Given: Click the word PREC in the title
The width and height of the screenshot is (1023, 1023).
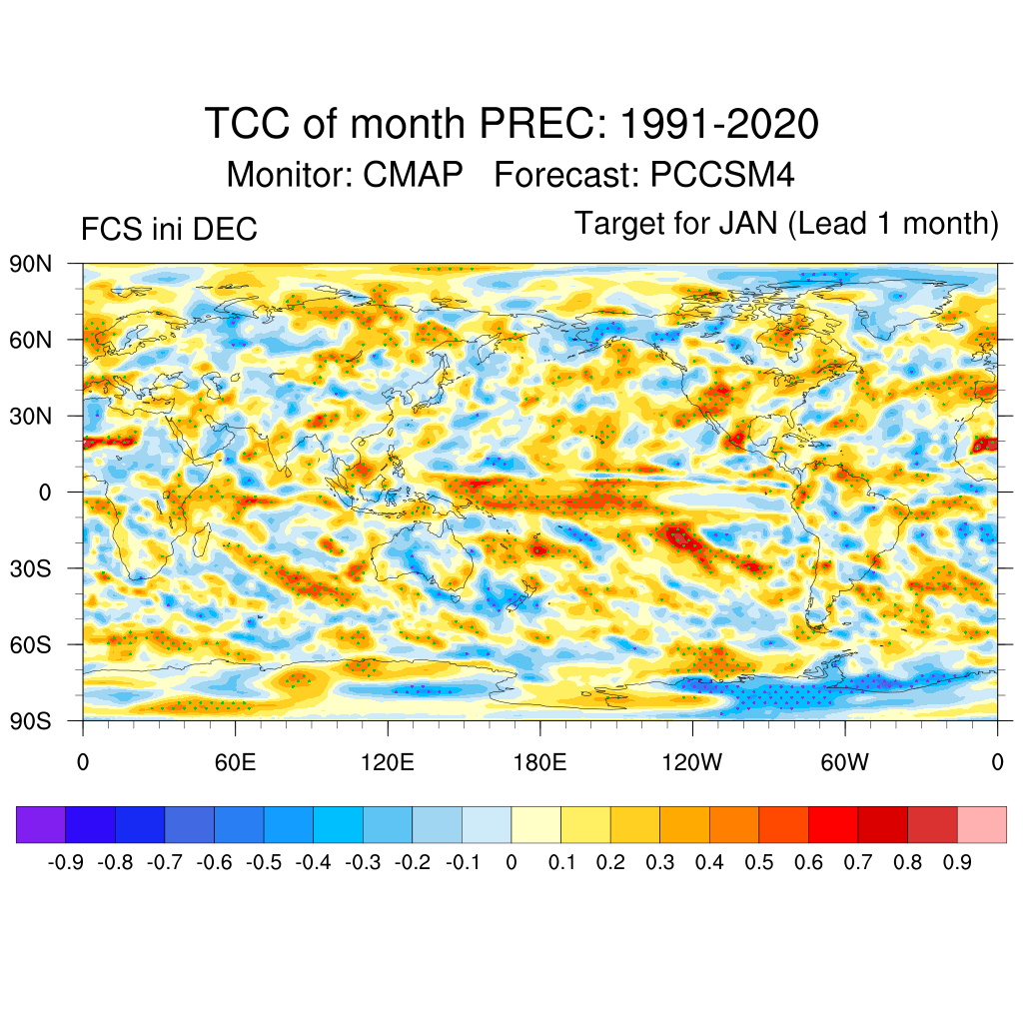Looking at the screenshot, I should (x=539, y=125).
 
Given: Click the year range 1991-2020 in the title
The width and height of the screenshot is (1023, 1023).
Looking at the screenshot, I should (x=719, y=125).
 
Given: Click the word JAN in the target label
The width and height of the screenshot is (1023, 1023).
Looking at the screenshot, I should (x=747, y=223).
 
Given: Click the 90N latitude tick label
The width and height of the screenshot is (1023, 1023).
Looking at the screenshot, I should (x=31, y=265).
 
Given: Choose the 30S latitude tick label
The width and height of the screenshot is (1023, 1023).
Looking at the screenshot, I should (x=31, y=568).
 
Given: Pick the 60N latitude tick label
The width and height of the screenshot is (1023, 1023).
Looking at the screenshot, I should (x=31, y=341).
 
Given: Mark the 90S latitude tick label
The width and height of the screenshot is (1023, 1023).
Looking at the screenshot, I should (x=31, y=720).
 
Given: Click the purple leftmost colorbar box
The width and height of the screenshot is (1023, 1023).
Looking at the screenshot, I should (x=41, y=824).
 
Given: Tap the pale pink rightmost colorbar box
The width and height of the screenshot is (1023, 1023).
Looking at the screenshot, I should (x=981, y=824).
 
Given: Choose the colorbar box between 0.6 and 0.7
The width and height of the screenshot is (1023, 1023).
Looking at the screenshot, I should (x=833, y=824).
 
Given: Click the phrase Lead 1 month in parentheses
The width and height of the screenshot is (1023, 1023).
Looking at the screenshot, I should (x=894, y=223).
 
